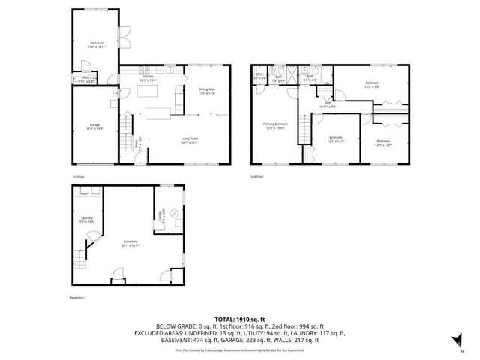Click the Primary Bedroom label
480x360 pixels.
coord(275,125)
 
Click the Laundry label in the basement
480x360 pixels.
coord(86,220)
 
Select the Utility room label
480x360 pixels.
coord(159,218)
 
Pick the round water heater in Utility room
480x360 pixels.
coord(174,214)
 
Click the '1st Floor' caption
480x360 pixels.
coord(79,177)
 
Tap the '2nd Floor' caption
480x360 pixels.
coord(257,177)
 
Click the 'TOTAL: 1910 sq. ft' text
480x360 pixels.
coord(240,319)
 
